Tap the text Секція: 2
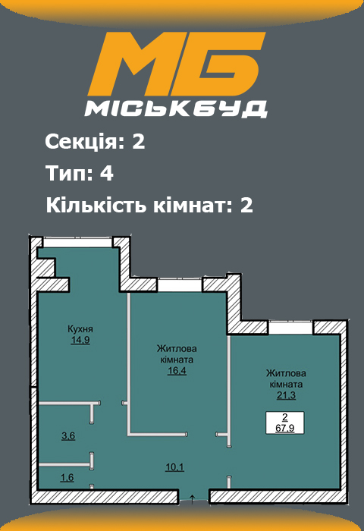point(95,142)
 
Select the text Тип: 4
point(80,174)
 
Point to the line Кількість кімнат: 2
point(149,205)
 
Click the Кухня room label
point(80,329)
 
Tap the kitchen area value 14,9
point(80,341)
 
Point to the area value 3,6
point(67,436)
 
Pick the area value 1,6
point(67,477)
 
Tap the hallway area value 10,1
point(174,467)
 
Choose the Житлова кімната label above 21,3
point(286,379)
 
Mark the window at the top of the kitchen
point(78,240)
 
